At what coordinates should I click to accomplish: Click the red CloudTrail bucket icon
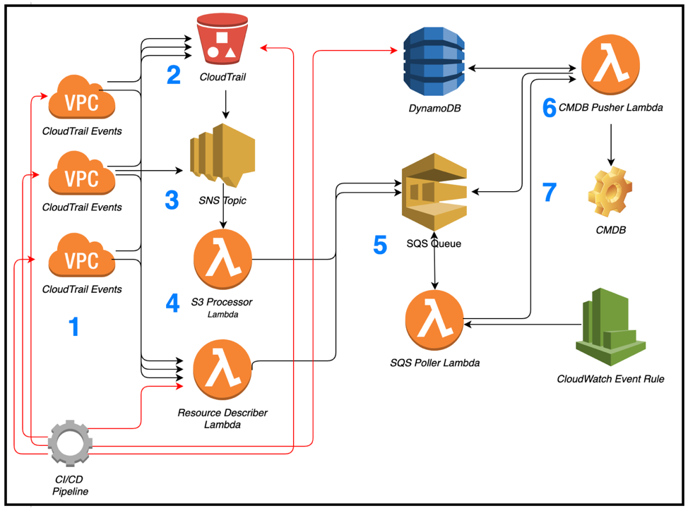click(x=223, y=39)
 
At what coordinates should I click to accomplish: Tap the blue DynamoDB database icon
click(x=434, y=61)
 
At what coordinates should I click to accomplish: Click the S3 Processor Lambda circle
click(x=223, y=259)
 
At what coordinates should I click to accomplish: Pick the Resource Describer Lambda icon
click(x=223, y=369)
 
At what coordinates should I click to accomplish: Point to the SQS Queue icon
click(x=434, y=191)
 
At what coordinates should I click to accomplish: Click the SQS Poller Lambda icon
click(x=434, y=320)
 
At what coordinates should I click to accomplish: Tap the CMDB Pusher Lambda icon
click(x=610, y=66)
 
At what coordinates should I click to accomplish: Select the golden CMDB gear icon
click(x=610, y=191)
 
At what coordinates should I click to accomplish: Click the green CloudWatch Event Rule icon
click(x=610, y=327)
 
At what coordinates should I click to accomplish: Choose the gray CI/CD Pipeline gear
click(x=70, y=442)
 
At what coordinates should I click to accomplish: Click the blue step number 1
click(x=73, y=327)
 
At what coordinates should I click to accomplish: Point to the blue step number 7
click(x=550, y=192)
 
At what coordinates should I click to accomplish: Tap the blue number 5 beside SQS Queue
click(x=380, y=245)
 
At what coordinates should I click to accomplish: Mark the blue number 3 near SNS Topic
click(x=172, y=200)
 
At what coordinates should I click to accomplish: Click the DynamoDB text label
click(x=434, y=108)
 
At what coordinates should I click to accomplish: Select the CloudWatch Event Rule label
click(x=610, y=379)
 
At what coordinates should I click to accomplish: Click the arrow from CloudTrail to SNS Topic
click(x=225, y=104)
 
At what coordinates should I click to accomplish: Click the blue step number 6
click(x=550, y=108)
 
